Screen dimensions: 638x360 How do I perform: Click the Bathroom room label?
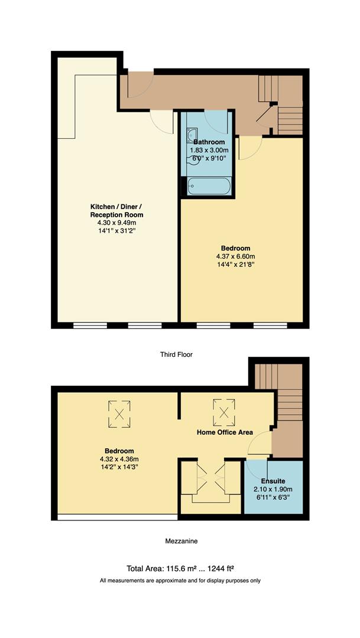tap(209, 142)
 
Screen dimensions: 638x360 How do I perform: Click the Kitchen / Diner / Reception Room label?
tap(116, 210)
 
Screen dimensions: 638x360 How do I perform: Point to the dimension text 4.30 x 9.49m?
tap(116, 223)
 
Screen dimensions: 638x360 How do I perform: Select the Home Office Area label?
tap(225, 432)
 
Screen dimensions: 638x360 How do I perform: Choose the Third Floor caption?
tap(176, 354)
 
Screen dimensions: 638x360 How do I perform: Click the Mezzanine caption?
tap(180, 541)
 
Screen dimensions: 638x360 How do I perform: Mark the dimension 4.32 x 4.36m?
tap(116, 459)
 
